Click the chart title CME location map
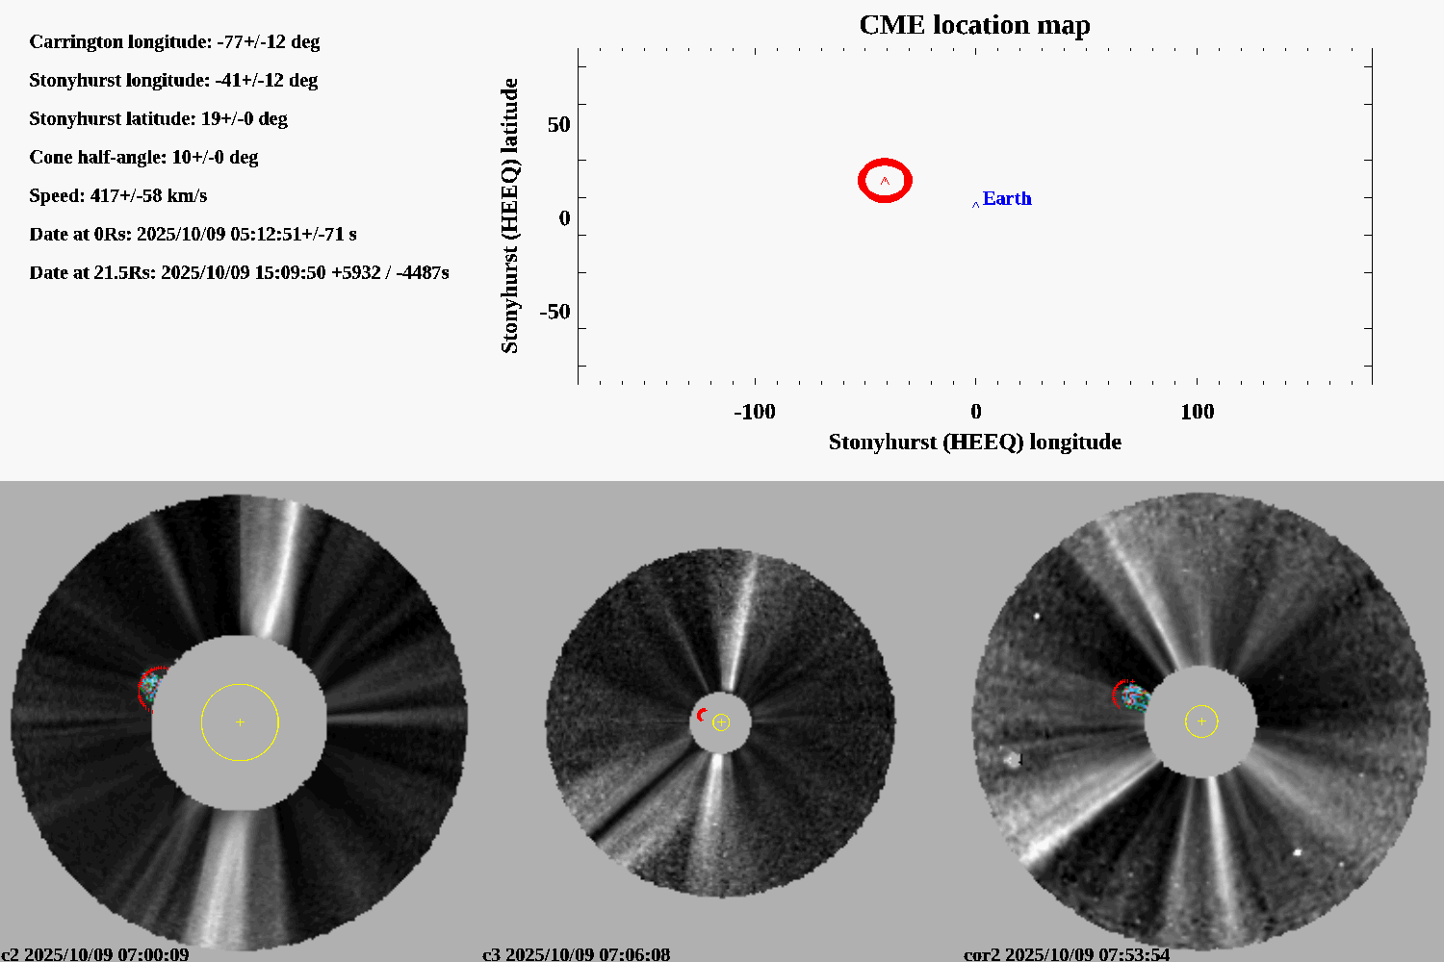tap(974, 25)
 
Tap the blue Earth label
tap(1006, 198)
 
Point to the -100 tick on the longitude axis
tap(754, 412)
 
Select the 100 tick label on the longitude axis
tap(1197, 412)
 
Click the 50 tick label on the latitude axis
tap(558, 125)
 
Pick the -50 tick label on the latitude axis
tap(554, 312)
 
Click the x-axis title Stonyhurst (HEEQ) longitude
tap(974, 442)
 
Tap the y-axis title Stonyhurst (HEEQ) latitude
tap(509, 215)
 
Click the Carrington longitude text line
tap(174, 41)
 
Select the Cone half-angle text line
tap(143, 157)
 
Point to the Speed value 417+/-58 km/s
tap(148, 195)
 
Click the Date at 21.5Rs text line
tap(239, 272)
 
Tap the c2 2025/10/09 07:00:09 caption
tap(95, 954)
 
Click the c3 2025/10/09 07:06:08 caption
tap(576, 954)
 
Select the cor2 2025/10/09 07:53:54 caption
tap(1067, 954)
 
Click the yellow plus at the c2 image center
tap(240, 721)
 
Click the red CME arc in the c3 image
tap(701, 715)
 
